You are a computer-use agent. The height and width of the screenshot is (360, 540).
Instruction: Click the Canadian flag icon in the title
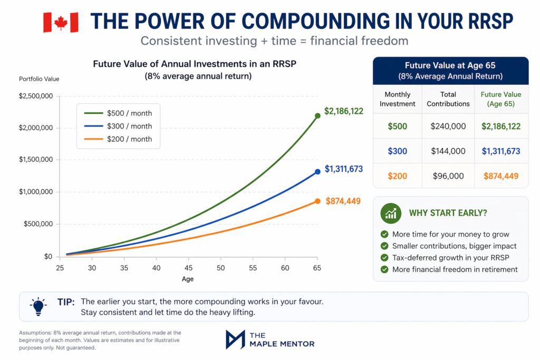(60, 22)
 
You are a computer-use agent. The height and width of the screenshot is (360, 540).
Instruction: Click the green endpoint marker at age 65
(317, 115)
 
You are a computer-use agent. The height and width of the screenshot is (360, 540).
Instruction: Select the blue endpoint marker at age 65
(317, 171)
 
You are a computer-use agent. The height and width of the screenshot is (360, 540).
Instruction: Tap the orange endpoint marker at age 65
(317, 201)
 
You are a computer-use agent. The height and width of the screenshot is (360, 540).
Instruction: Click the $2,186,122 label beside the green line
(343, 111)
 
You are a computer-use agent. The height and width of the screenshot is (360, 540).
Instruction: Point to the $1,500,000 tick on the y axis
(36, 160)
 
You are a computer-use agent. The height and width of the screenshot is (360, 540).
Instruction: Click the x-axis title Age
(188, 279)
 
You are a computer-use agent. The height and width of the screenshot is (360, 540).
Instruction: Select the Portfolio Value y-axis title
(39, 79)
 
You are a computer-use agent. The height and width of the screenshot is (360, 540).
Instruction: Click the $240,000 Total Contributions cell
(448, 126)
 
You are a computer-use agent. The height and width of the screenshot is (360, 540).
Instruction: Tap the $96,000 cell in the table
(448, 176)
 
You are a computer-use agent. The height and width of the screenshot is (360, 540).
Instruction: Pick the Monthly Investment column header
(397, 99)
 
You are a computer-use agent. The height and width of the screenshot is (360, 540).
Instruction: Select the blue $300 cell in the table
(397, 151)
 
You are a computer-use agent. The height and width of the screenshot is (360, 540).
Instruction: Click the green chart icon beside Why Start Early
(391, 213)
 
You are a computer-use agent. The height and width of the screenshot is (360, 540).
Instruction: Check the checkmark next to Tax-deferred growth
(384, 258)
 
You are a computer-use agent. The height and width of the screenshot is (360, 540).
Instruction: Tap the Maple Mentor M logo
(235, 339)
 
